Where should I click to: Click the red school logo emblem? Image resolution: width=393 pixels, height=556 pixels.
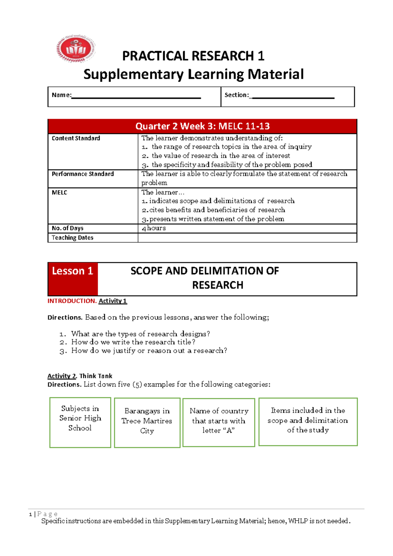[x=76, y=49]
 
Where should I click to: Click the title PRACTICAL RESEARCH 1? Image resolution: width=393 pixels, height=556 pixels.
[x=193, y=56]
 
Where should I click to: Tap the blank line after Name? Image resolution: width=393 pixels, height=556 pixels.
[x=136, y=97]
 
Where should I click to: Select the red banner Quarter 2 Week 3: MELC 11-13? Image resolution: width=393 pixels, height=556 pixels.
[x=202, y=126]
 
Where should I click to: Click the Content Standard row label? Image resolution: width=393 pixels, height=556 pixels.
[x=76, y=138]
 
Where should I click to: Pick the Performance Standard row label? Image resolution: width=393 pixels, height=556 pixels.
[x=83, y=174]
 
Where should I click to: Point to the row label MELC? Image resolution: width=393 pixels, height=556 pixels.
[x=59, y=193]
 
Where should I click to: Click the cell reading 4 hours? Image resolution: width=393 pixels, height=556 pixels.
[x=154, y=228]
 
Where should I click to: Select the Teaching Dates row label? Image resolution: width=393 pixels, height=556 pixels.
[x=72, y=238]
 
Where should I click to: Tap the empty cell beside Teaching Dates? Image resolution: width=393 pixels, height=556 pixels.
[x=247, y=238]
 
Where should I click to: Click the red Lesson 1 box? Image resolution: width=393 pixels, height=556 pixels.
[x=73, y=279]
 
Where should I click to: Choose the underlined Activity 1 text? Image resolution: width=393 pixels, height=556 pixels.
[x=113, y=301]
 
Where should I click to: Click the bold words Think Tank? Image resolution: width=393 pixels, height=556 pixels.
[x=96, y=376]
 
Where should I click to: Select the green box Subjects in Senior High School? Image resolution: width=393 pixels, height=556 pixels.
[x=80, y=422]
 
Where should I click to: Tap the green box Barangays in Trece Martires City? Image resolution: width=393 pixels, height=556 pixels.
[x=147, y=423]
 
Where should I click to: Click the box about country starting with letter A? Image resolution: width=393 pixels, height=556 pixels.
[x=219, y=422]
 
